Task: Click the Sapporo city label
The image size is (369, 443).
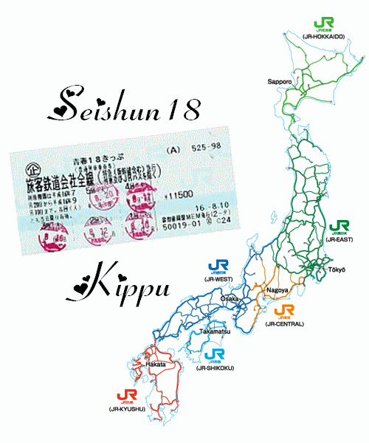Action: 281,80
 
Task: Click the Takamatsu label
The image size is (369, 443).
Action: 215,332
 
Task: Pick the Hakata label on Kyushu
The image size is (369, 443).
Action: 156,364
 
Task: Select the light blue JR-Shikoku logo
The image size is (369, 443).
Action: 218,354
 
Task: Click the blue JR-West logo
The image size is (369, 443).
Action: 218,267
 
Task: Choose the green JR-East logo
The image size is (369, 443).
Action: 339,226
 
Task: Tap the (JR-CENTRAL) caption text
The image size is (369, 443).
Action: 284,324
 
